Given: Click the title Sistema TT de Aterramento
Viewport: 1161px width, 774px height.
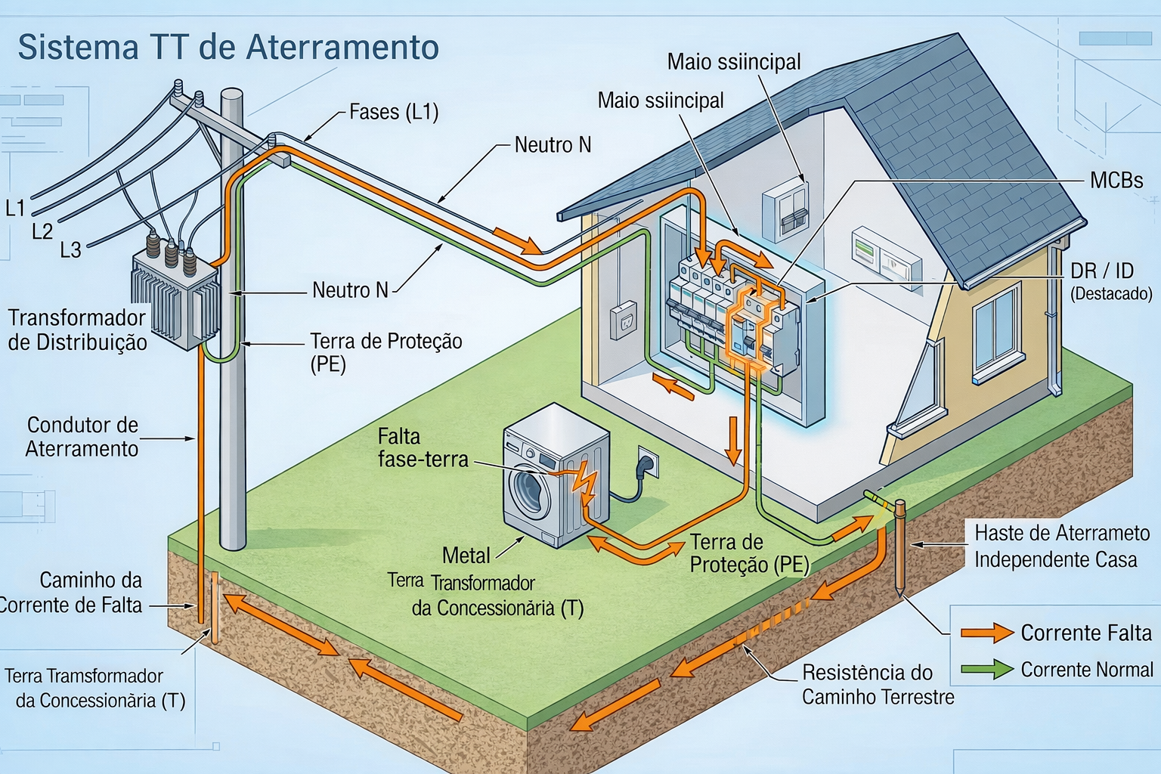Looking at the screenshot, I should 228,47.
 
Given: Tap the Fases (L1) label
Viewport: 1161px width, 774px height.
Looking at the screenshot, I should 394,113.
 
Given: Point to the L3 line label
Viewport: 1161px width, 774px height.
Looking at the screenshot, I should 70,249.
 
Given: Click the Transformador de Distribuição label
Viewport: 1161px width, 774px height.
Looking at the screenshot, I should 77,330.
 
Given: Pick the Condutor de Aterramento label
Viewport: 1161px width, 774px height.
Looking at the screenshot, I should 82,437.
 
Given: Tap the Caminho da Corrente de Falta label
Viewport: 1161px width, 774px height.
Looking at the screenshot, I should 72,593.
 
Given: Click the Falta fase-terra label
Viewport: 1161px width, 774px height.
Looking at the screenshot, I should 423,447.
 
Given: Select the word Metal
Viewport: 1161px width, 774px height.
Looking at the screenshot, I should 466,556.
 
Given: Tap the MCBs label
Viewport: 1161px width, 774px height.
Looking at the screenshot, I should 1116,180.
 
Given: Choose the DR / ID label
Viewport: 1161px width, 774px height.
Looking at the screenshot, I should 1101,271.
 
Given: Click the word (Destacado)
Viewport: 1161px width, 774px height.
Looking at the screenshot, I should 1110,293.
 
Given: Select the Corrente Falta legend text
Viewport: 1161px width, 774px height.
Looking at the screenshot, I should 1085,633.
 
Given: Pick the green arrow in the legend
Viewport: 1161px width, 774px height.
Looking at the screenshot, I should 987,669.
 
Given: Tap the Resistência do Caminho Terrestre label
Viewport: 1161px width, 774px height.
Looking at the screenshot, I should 877,684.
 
